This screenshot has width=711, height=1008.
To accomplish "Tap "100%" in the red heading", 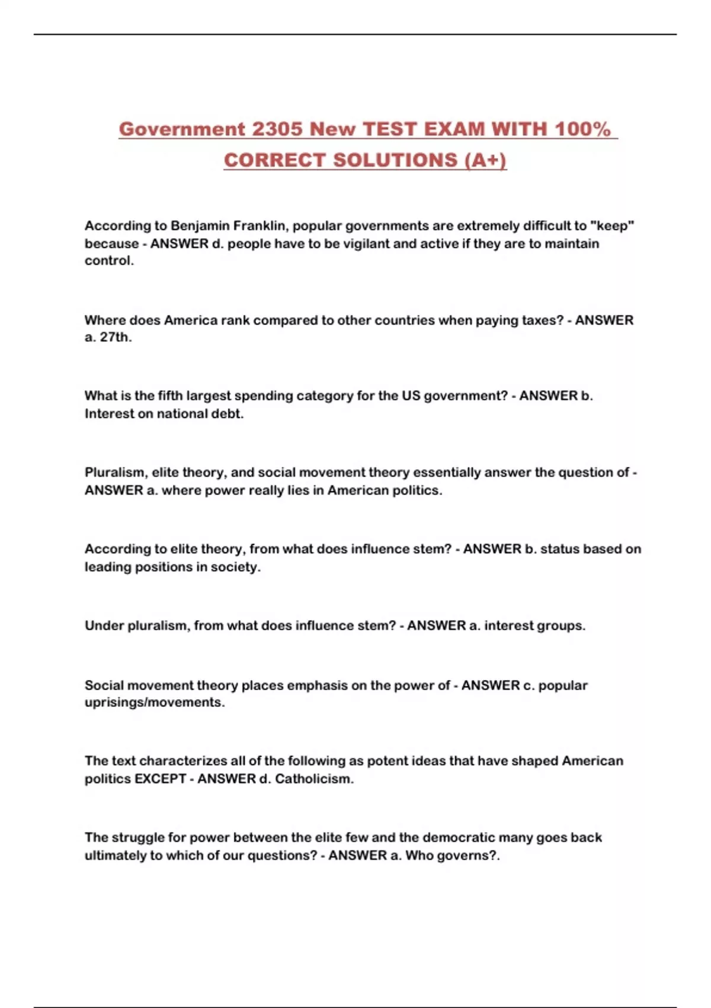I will [x=582, y=129].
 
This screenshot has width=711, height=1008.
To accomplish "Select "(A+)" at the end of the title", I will [x=485, y=160].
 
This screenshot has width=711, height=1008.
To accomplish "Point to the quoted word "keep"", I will [x=612, y=226].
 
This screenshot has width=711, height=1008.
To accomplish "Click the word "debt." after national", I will [x=228, y=414].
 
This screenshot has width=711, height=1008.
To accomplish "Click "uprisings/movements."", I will [x=155, y=703].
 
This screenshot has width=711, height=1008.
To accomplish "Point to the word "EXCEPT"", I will [x=160, y=779].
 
